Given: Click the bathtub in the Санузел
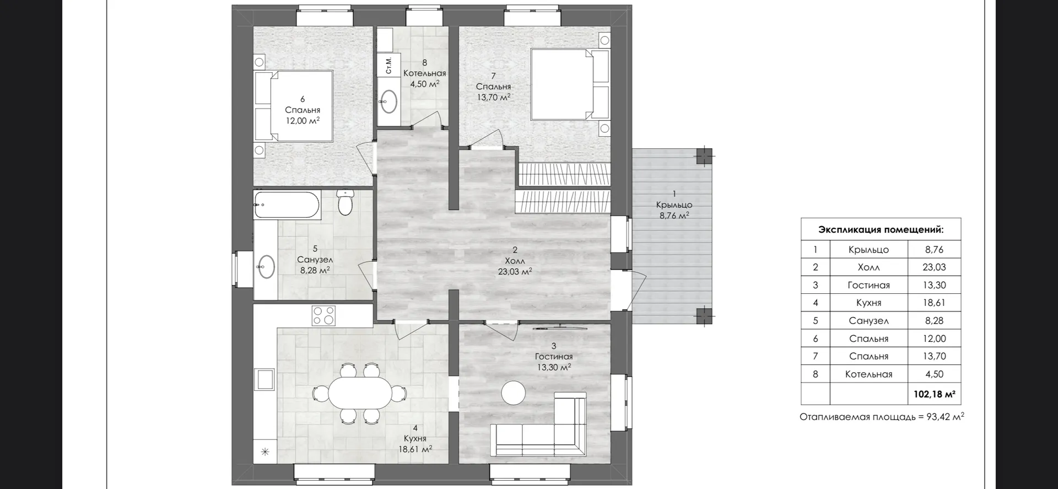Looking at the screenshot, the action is click(x=287, y=205).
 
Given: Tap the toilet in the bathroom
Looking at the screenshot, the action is click(x=345, y=202).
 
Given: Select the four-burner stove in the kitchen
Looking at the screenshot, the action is click(x=323, y=315).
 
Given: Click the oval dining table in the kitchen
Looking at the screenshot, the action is click(x=360, y=393).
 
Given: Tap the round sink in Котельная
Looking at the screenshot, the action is click(x=390, y=101).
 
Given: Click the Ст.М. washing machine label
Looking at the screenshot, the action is click(x=389, y=65).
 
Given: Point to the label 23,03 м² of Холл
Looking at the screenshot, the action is click(x=515, y=272).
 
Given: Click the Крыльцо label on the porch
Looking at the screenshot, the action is click(x=674, y=205).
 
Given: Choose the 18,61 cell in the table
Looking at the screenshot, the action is click(x=934, y=303).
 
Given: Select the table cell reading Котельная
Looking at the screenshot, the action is click(x=868, y=374).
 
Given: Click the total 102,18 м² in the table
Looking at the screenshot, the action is click(x=934, y=394).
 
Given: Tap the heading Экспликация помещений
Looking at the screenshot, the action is click(x=881, y=229).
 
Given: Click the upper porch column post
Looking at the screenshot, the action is click(x=704, y=157).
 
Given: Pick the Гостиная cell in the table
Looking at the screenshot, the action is click(x=868, y=285).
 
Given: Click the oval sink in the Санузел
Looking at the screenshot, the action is click(x=266, y=267).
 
